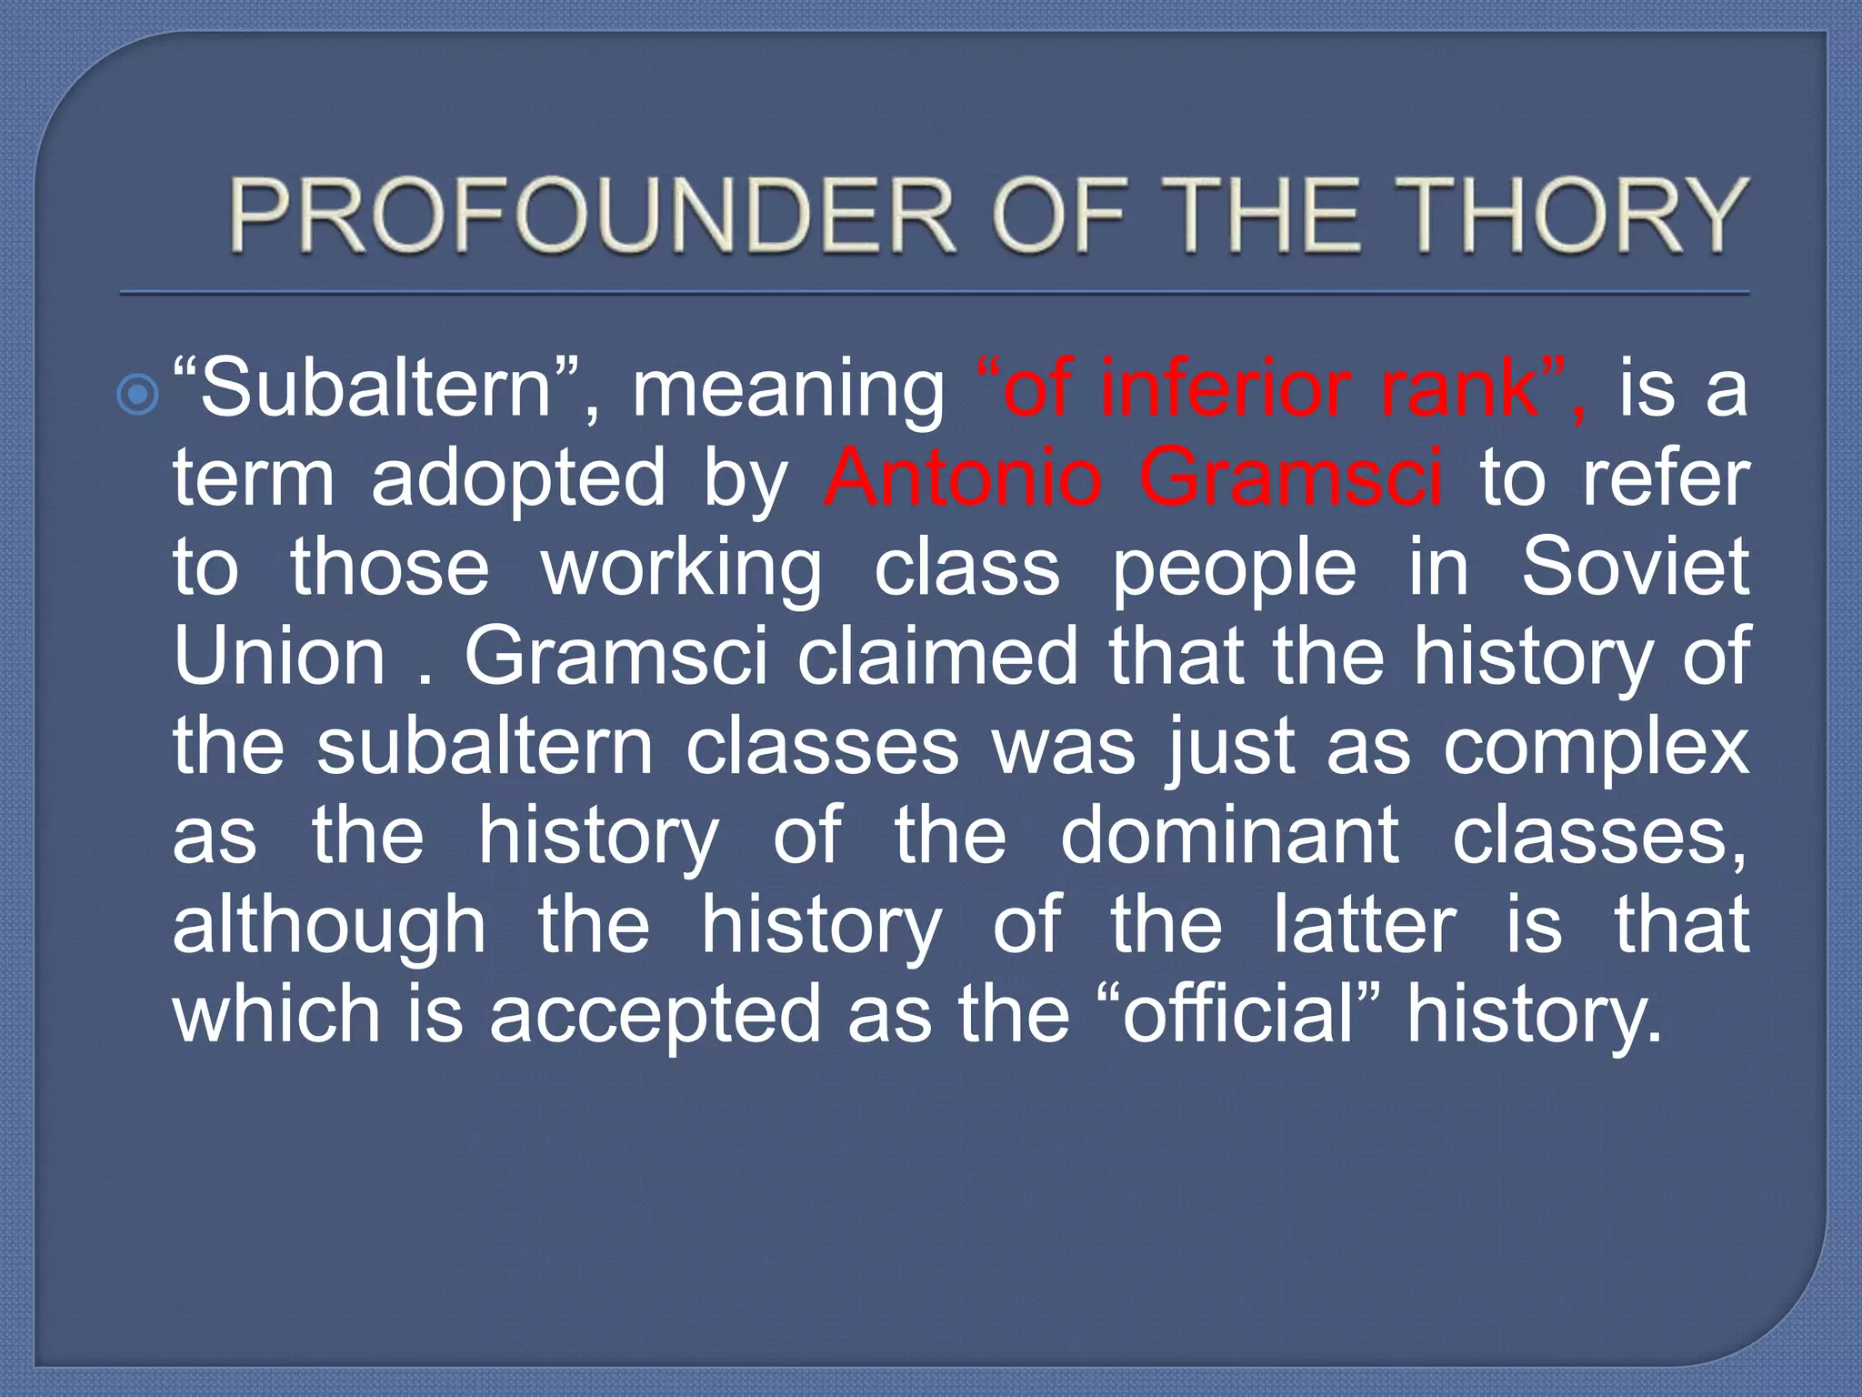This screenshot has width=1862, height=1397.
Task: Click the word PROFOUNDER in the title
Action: (x=591, y=216)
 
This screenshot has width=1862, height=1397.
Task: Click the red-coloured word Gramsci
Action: (x=1290, y=477)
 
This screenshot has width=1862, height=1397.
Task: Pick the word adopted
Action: (x=518, y=477)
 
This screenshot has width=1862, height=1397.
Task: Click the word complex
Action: (x=1596, y=746)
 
